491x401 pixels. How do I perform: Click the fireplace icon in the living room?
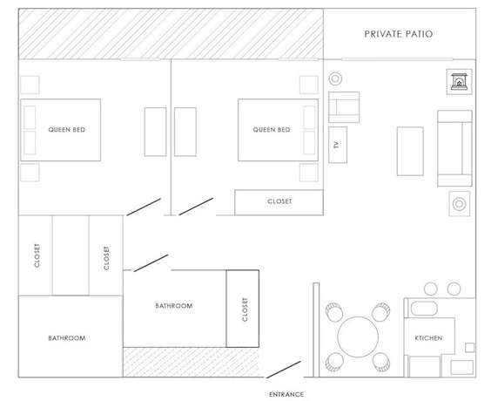pos(459,82)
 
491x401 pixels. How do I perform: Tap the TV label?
pos(337,145)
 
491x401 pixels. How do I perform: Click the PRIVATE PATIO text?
pos(399,34)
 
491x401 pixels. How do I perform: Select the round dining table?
pos(358,336)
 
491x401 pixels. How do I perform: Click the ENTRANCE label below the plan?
pos(286,394)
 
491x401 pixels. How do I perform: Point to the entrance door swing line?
pos(284,370)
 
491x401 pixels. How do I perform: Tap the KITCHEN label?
pos(428,338)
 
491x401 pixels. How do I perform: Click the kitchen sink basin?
pos(424,309)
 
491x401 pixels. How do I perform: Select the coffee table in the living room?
pos(410,151)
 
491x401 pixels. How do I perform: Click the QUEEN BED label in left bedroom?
pos(66,130)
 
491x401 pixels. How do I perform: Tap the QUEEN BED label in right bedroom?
pos(272,130)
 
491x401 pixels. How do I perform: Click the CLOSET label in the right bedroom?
pos(279,201)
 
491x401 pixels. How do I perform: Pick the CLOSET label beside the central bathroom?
pos(245,309)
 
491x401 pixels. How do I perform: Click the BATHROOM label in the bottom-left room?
pos(67,338)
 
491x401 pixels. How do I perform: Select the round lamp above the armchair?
pos(335,78)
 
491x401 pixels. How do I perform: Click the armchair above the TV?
pos(344,107)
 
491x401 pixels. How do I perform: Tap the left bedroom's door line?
pos(144,207)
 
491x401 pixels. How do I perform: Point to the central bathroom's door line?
pos(151,263)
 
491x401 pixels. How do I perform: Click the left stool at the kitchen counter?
pos(431,289)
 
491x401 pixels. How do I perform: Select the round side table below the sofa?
pos(460,204)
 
